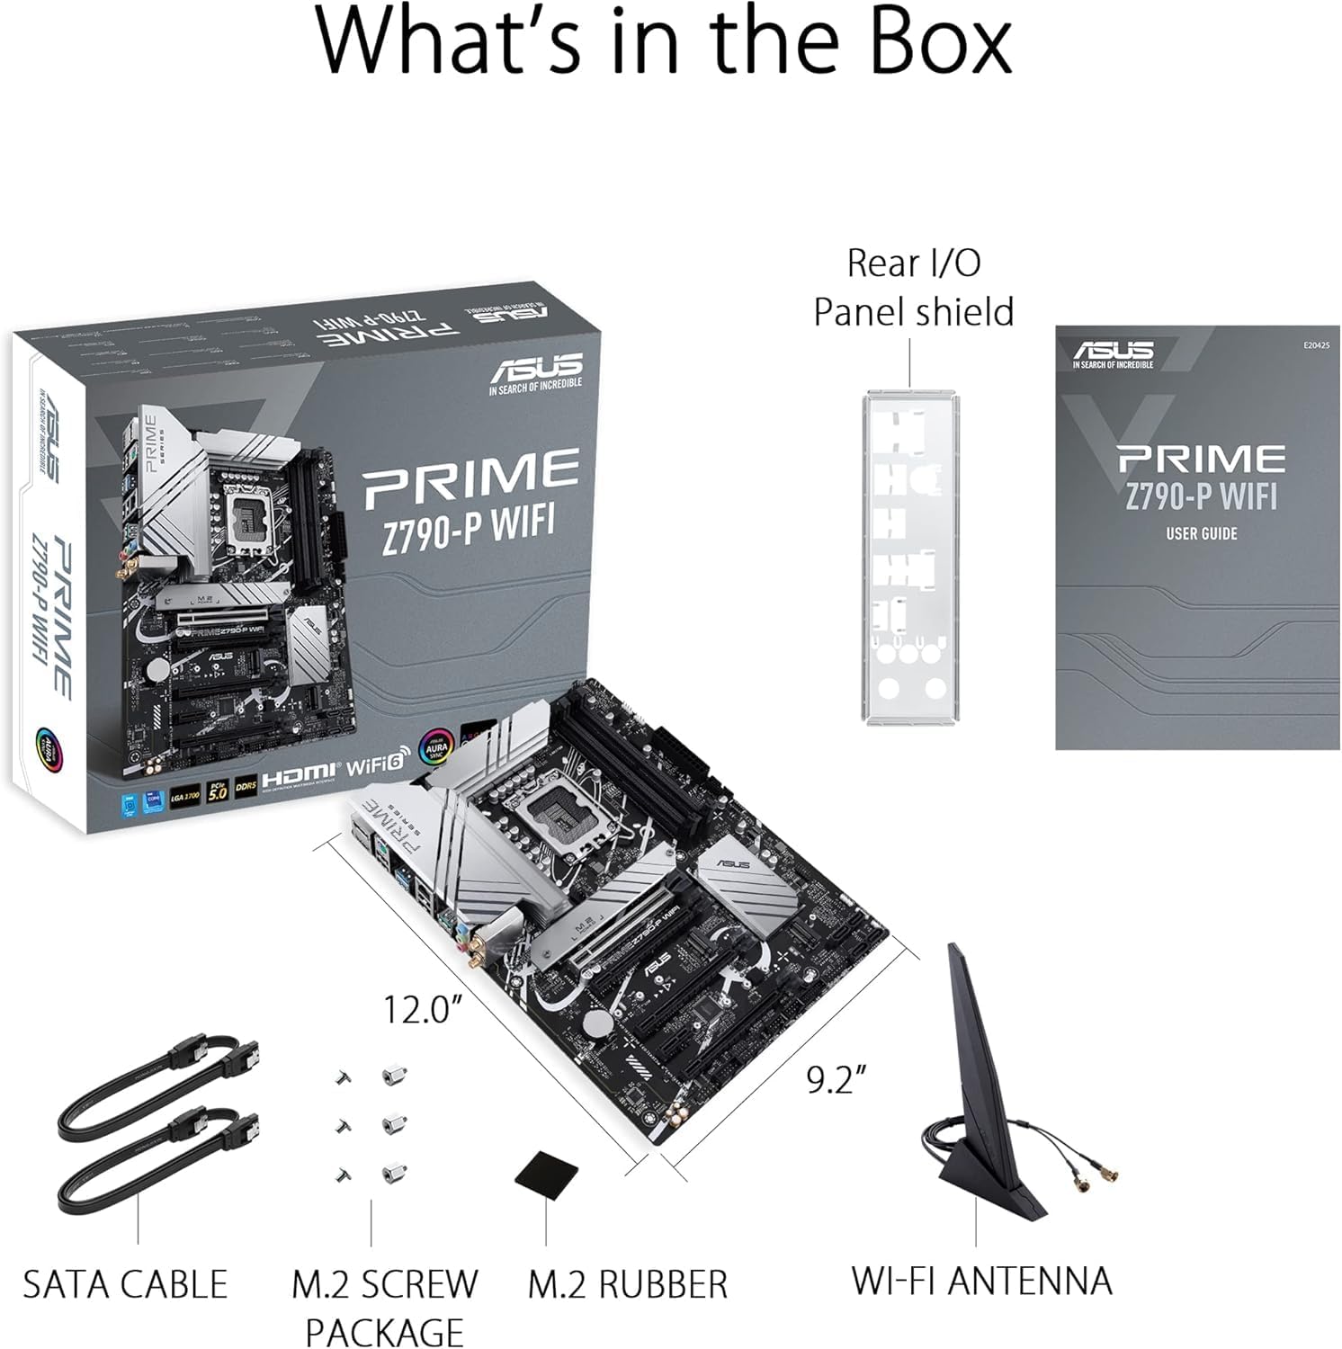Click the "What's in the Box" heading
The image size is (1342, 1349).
click(664, 42)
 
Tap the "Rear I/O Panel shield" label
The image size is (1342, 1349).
click(913, 288)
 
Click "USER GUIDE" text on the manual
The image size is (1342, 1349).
click(1201, 533)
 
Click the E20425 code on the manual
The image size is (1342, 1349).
click(1314, 344)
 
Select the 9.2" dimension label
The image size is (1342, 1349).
click(836, 1079)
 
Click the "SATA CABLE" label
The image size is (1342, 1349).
click(125, 1284)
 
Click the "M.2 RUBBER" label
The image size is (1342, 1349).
click(627, 1284)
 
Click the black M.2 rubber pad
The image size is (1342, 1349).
click(547, 1170)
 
